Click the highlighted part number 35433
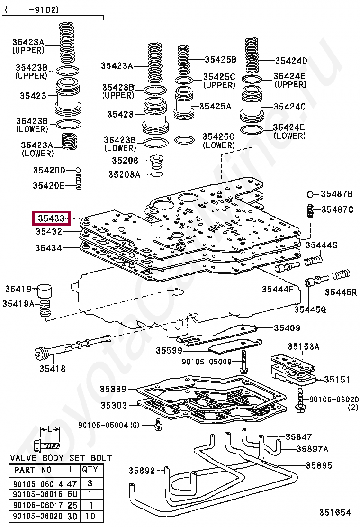pos(51,218)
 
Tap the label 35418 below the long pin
pos(52,368)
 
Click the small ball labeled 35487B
pos(309,194)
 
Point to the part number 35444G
pos(321,245)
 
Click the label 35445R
pos(341,291)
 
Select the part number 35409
pos(287,327)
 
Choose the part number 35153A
pos(304,347)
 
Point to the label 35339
pos(113,389)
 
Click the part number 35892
pos(142,471)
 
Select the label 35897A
pos(312,449)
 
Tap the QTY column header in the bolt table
pos(90,470)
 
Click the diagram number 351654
pos(334,512)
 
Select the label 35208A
pos(124,174)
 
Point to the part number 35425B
pos(220,59)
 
